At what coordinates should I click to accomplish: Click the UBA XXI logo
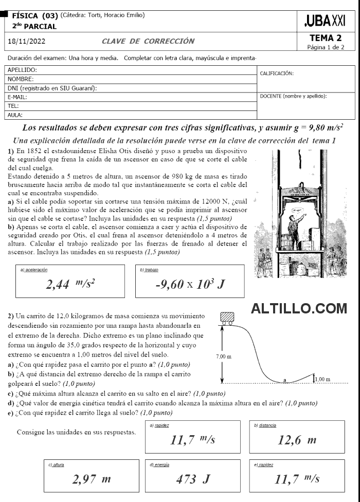pos(325,21)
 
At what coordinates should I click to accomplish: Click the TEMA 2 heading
pos(325,38)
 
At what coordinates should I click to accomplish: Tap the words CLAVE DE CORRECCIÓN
pos(148,41)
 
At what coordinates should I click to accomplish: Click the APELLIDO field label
pos(23,69)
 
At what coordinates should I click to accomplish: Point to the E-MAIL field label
pos(18,97)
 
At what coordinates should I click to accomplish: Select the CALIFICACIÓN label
pos(277,74)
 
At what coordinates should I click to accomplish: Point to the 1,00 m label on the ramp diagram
pos(322,379)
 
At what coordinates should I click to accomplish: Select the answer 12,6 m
pos(297,440)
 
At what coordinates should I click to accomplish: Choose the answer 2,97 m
pos(92,479)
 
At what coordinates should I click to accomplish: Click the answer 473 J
pos(193,479)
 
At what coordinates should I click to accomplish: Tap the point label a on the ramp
pos(285,379)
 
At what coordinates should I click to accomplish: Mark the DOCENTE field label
pos(293,96)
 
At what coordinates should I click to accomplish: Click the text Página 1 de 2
pos(325,47)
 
